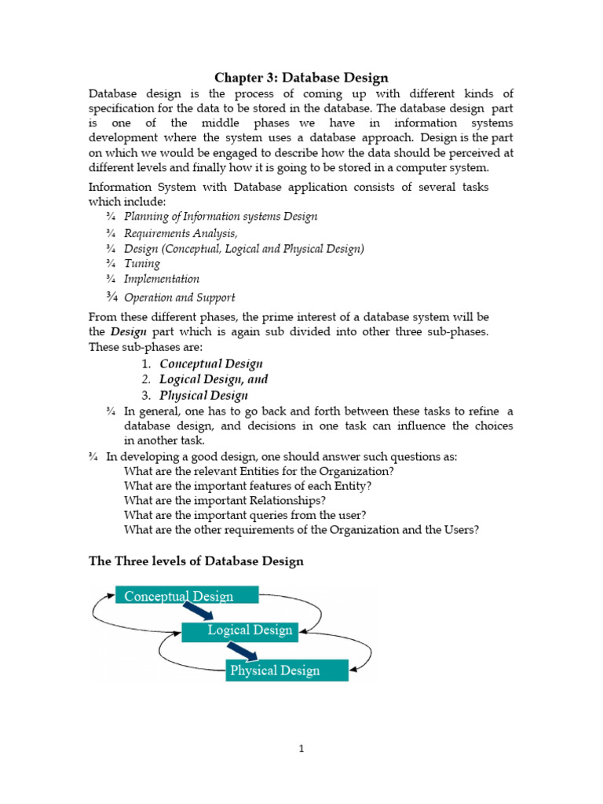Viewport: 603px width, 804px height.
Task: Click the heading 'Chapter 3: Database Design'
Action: (301, 77)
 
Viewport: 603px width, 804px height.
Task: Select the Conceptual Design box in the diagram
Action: (187, 596)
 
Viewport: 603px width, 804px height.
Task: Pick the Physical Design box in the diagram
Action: (287, 670)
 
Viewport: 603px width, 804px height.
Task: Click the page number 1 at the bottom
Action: (301, 749)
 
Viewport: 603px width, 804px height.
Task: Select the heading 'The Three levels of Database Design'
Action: (196, 561)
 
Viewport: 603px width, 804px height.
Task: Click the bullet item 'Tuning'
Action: (142, 264)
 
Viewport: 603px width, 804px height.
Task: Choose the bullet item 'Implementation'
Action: (162, 279)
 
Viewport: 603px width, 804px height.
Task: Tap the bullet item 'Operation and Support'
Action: (179, 298)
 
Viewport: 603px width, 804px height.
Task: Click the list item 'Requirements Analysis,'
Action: (181, 233)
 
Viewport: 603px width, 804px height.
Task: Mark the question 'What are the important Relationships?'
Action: (225, 500)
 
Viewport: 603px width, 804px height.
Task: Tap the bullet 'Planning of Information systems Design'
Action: (221, 216)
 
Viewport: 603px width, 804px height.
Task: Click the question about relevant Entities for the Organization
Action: (259, 471)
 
